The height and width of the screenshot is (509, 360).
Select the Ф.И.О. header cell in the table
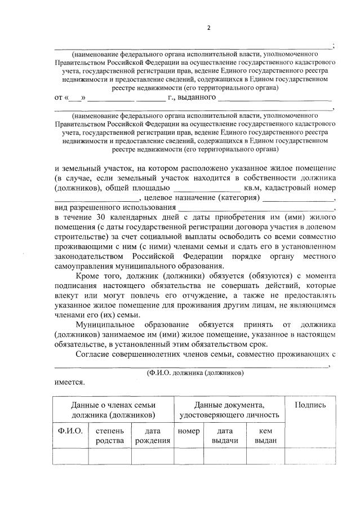click(x=70, y=431)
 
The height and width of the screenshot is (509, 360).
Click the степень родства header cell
click(x=110, y=436)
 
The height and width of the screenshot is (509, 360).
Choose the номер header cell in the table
click(x=188, y=431)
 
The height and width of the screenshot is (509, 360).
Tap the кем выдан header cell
click(x=265, y=436)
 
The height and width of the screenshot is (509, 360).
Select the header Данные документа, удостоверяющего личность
click(x=229, y=410)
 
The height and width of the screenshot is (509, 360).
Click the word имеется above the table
click(x=70, y=382)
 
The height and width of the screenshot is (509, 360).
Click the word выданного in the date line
click(x=197, y=98)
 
